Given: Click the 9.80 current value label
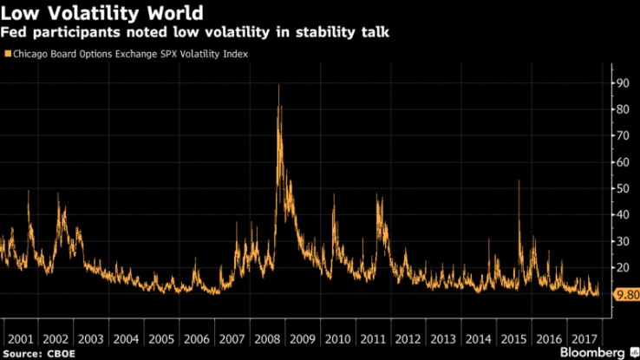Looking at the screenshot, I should [x=626, y=295].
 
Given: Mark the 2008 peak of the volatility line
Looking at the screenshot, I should [x=278, y=85].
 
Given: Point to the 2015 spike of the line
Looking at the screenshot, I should [x=519, y=181].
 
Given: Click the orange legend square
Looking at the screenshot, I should [x=7, y=54].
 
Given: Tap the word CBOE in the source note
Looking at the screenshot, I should [x=55, y=354].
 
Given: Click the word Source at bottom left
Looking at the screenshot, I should [x=20, y=354].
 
